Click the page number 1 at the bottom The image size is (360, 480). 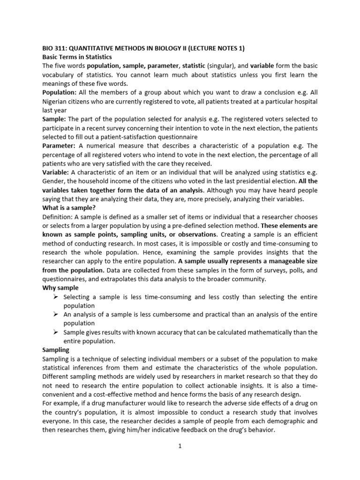tap(180, 447)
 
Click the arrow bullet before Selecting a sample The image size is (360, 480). tap(55, 297)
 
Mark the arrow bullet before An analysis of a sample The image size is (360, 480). tap(55, 315)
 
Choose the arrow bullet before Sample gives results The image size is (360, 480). tap(55, 332)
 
